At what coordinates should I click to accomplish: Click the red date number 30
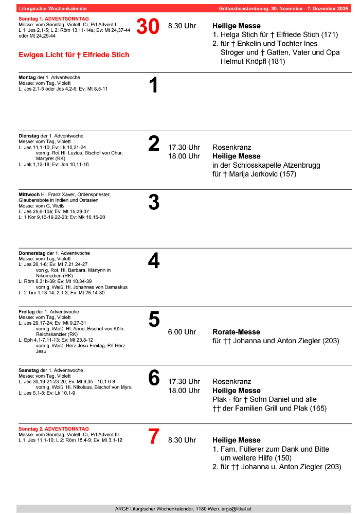(148, 27)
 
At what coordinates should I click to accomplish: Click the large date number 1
(153, 85)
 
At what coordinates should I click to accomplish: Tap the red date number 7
(154, 437)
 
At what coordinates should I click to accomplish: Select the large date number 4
(154, 261)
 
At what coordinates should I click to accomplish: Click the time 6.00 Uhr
(182, 332)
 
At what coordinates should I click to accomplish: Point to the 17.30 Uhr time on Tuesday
(184, 147)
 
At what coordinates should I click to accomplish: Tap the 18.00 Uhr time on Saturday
(184, 391)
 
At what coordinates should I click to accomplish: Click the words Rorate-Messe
(236, 332)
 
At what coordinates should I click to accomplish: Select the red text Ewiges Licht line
(74, 55)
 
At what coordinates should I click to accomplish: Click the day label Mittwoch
(29, 194)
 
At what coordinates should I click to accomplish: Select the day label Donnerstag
(32, 253)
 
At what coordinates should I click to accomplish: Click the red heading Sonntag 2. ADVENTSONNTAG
(53, 429)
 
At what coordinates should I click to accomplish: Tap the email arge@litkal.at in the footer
(230, 508)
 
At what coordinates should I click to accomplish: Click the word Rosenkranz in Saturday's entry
(232, 381)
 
